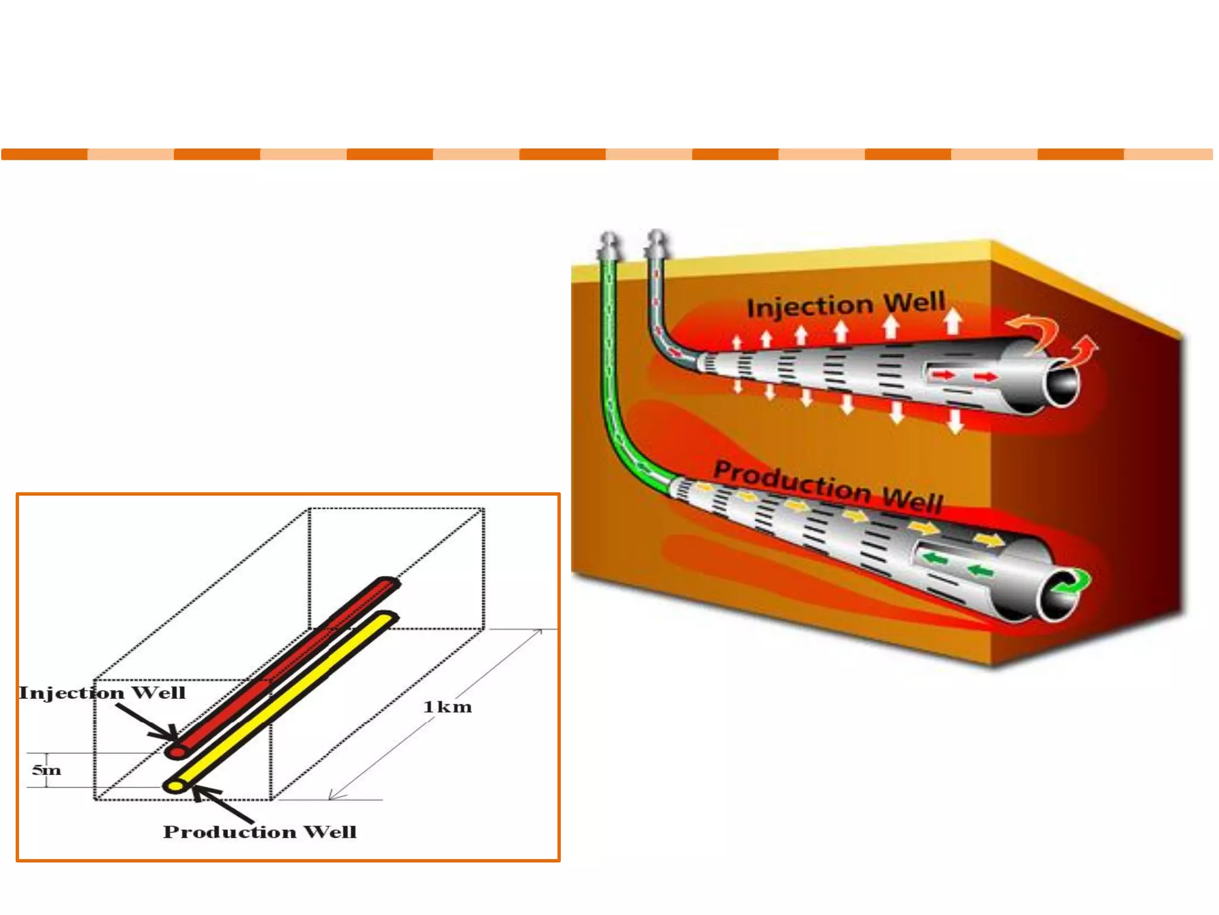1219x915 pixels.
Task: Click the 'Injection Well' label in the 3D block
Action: [845, 305]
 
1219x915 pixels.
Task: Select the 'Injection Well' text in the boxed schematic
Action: [102, 693]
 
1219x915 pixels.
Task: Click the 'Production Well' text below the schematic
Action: [260, 832]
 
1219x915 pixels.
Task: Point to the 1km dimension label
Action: [447, 707]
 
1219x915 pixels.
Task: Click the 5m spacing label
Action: [46, 770]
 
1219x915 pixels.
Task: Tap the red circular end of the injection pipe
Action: [177, 752]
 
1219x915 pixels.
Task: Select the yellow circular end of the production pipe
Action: [175, 787]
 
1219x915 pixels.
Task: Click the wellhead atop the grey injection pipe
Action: [657, 243]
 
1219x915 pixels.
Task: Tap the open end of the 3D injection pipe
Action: [1062, 385]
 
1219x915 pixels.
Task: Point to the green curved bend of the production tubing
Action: [625, 447]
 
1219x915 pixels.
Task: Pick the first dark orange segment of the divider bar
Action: [45, 154]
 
